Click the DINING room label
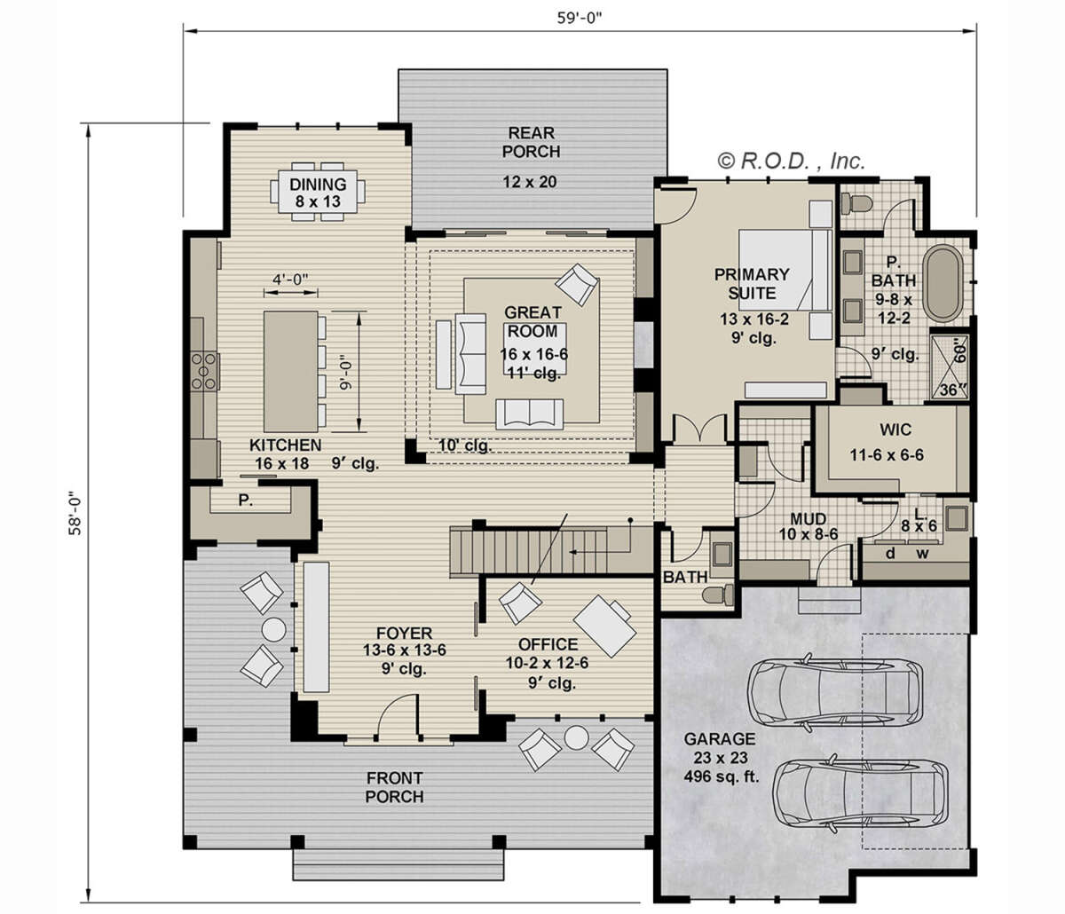tap(318, 184)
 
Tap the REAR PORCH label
tap(532, 142)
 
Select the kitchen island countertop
tap(290, 372)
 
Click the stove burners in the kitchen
tap(204, 370)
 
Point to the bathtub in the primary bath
tap(942, 283)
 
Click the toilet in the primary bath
tap(856, 203)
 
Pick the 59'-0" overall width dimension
tap(580, 19)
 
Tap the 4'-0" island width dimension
tap(290, 280)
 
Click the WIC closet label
tap(895, 429)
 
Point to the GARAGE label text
tap(719, 739)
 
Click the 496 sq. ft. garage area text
tap(722, 776)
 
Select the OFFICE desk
tap(605, 626)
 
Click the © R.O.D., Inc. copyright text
tap(791, 162)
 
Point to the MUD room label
tap(808, 519)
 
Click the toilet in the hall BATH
tap(719, 595)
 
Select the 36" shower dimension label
tap(952, 390)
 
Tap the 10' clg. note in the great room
tap(465, 445)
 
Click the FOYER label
tap(404, 633)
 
